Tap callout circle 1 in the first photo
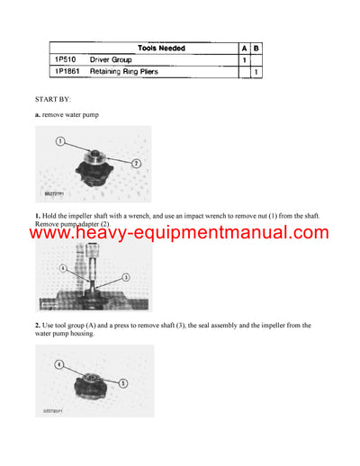(59, 141)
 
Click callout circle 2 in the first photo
(135, 163)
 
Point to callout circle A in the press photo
(62, 268)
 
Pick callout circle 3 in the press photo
(125, 277)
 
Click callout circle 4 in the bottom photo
(59, 365)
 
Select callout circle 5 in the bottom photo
(124, 382)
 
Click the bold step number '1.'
(38, 216)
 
